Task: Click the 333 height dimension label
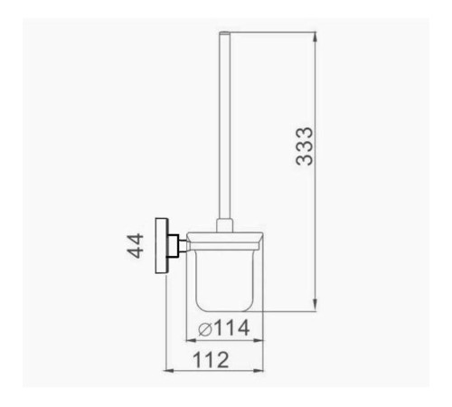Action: click(x=305, y=147)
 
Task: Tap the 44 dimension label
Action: click(x=136, y=246)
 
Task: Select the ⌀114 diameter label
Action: click(x=224, y=327)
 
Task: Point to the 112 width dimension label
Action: click(x=211, y=360)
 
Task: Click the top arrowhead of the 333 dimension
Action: click(x=315, y=37)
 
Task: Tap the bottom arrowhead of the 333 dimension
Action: click(x=315, y=305)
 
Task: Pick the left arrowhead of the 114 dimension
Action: click(x=192, y=340)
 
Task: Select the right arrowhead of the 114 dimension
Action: click(x=259, y=340)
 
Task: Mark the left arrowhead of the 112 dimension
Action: click(x=169, y=371)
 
